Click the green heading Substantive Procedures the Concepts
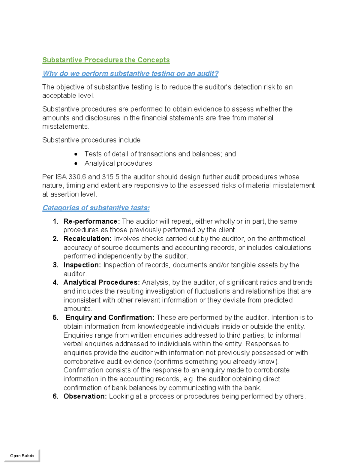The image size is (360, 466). coord(106,60)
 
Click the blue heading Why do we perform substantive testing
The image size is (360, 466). coord(130,74)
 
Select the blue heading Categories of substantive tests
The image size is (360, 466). coord(96,208)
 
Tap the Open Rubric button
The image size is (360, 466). coord(22,455)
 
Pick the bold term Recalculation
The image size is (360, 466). coord(87,239)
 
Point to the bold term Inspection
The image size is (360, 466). coord(82,265)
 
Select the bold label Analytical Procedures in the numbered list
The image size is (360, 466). coord(101,282)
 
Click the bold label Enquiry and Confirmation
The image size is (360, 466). coord(110,317)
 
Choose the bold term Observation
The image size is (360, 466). coord(85,396)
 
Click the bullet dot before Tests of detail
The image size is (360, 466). coord(76,154)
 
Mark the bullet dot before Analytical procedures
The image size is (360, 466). coord(76,164)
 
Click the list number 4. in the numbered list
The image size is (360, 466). coord(55,282)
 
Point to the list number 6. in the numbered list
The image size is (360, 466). coord(55,396)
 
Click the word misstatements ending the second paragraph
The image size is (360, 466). coord(65,127)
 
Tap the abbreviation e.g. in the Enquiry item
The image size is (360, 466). coord(189,379)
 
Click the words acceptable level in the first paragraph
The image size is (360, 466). coord(68,96)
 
